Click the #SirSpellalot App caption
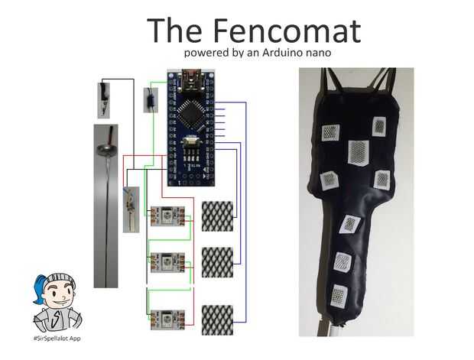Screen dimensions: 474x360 click(58, 338)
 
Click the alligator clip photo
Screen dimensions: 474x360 click(102, 99)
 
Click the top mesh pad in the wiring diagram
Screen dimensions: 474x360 click(217, 216)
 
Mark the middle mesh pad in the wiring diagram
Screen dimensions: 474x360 click(217, 262)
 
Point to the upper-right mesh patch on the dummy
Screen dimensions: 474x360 click(380, 126)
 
